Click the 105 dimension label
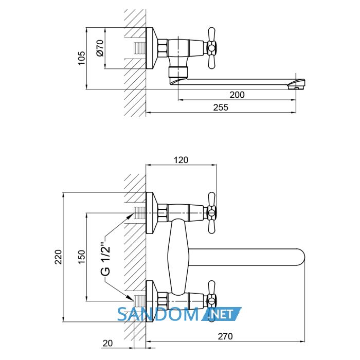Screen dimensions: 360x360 click(81, 58)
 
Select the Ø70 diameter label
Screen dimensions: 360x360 click(100, 48)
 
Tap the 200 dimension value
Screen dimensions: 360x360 click(237, 95)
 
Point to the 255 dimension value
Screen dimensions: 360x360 click(221, 107)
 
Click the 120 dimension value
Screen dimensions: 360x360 click(181, 160)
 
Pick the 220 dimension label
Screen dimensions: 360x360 click(58, 257)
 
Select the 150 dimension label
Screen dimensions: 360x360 click(81, 257)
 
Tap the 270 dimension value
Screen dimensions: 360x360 click(225, 336)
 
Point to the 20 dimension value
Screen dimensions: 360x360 click(107, 344)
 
